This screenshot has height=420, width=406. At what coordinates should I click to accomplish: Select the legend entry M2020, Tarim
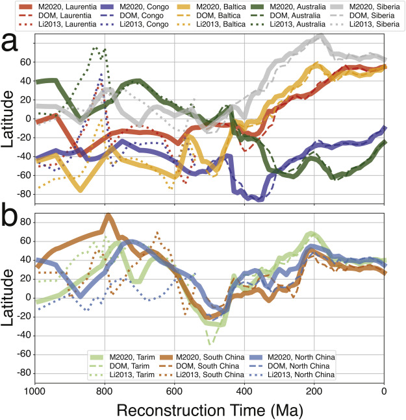tap(125, 357)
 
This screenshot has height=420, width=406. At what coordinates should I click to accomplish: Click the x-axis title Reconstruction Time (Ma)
tap(210, 409)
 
